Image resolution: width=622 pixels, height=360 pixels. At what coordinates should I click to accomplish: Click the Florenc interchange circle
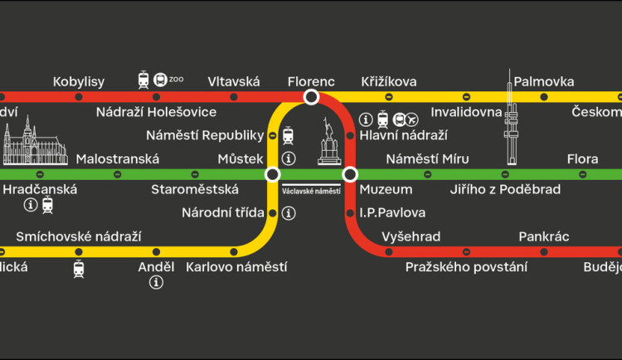click(311, 97)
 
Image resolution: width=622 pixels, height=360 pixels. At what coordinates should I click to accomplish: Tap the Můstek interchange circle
click(272, 174)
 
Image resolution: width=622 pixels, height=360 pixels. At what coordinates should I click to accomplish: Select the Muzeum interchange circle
click(350, 174)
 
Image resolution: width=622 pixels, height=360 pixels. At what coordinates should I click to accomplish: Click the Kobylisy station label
click(79, 81)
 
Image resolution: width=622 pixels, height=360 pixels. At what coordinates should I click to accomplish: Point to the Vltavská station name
click(234, 81)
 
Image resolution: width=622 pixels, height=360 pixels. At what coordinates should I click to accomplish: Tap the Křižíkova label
click(389, 81)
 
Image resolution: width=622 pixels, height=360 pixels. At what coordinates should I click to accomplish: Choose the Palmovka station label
click(544, 81)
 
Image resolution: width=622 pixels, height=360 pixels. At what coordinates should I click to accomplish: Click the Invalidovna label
click(466, 112)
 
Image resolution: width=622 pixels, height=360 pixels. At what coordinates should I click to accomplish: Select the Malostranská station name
click(117, 158)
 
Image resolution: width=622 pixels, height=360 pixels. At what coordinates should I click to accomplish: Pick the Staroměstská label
click(195, 190)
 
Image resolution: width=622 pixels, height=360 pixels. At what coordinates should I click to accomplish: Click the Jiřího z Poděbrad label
click(505, 190)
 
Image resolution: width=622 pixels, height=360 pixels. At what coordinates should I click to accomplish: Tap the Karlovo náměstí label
click(236, 267)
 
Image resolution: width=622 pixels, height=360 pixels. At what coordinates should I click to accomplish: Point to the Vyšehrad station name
click(411, 236)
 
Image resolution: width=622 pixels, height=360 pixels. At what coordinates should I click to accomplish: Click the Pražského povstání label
click(466, 267)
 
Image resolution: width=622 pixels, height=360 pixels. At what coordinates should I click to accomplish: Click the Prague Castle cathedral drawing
click(35, 142)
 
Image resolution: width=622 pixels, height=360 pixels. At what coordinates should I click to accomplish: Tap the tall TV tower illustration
click(510, 116)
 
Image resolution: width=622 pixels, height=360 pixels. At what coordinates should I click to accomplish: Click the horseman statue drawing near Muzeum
click(330, 143)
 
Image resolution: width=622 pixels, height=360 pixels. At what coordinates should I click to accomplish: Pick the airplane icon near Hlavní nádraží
click(411, 119)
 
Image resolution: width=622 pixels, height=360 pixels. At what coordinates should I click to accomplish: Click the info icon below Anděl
click(156, 283)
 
